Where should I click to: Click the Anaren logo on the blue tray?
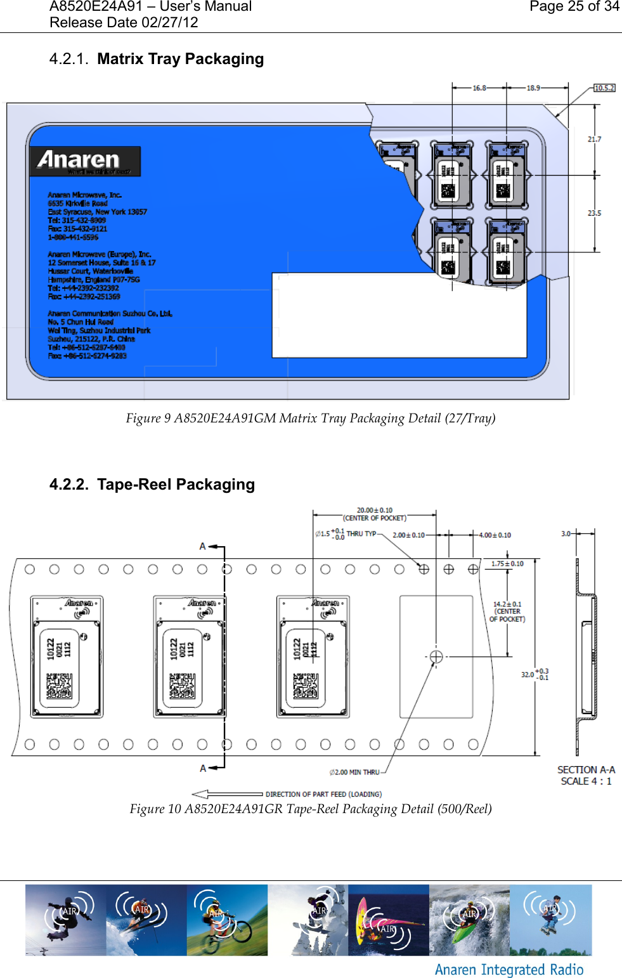point(84,161)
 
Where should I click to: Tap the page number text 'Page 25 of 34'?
point(574,7)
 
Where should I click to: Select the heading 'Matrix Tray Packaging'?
point(180,59)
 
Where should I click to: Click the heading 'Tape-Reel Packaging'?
point(176,485)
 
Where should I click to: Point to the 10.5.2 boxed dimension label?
point(604,88)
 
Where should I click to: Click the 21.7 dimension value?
point(594,139)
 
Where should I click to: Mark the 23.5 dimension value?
point(594,213)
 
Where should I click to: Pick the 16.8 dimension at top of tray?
point(479,88)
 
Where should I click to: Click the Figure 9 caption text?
point(311,418)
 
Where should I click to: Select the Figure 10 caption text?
point(311,809)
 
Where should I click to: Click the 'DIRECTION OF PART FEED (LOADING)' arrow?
point(227,794)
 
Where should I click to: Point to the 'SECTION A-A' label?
point(586,769)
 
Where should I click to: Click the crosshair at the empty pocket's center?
point(436,656)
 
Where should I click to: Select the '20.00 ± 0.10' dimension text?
point(374,510)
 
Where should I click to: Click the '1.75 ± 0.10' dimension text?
point(507,563)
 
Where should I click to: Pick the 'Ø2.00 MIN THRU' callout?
point(354,772)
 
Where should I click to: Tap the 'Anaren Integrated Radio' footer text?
point(509,970)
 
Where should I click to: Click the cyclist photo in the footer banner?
point(227,920)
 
